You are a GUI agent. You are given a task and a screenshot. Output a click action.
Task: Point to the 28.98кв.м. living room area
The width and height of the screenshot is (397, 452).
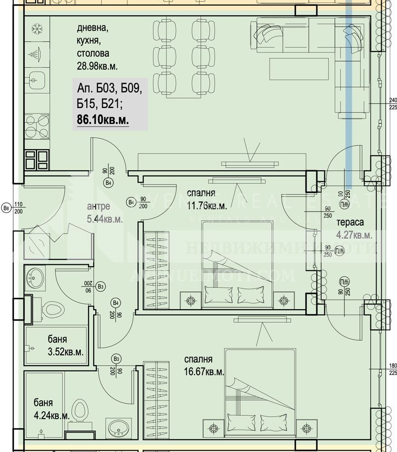(97, 66)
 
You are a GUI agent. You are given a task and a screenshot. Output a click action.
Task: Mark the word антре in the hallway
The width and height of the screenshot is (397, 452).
(98, 207)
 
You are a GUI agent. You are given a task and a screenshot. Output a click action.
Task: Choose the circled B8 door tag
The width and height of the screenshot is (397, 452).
(6, 208)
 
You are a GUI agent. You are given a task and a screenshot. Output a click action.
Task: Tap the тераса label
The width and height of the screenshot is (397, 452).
(349, 222)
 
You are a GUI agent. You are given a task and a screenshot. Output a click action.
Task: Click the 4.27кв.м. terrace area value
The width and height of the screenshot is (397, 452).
(354, 235)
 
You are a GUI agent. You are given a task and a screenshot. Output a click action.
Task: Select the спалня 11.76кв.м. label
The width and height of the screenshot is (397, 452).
(207, 198)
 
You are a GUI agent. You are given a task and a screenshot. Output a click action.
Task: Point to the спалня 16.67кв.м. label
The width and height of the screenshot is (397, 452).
(204, 366)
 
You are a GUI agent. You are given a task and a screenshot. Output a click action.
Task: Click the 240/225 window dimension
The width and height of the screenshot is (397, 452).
(392, 104)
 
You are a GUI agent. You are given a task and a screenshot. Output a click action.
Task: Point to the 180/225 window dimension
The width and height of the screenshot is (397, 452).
(392, 369)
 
